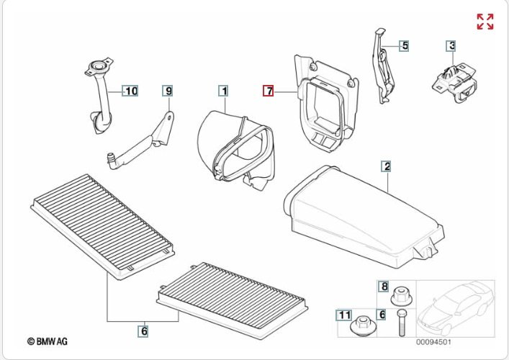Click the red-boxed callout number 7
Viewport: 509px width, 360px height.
pyautogui.click(x=268, y=91)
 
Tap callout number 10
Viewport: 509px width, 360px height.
pyautogui.click(x=130, y=91)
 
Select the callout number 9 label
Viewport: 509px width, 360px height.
pyautogui.click(x=168, y=91)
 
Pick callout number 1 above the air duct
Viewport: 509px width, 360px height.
pyautogui.click(x=224, y=91)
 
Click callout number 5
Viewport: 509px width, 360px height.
pyautogui.click(x=405, y=45)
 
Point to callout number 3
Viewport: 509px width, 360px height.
pyautogui.click(x=451, y=46)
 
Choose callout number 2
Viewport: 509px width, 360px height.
pyautogui.click(x=387, y=167)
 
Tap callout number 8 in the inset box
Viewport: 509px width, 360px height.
pyautogui.click(x=384, y=287)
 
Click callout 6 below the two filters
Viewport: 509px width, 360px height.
pyautogui.click(x=144, y=331)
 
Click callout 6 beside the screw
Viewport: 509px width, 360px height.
pyautogui.click(x=382, y=315)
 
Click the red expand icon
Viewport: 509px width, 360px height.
pyautogui.click(x=485, y=22)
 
